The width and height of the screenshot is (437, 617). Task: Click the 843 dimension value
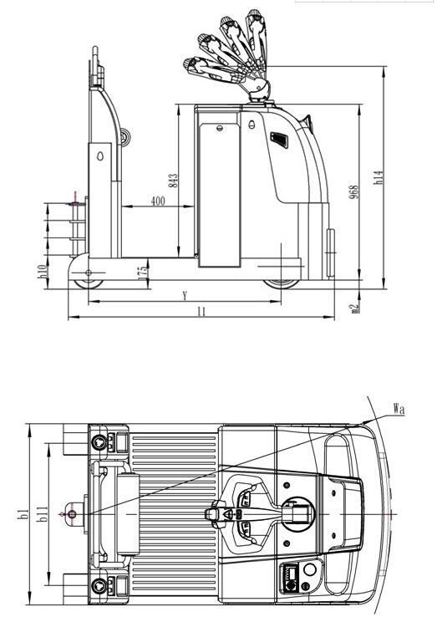174,181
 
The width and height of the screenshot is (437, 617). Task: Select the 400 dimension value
158,201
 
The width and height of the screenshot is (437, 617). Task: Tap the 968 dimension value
354,191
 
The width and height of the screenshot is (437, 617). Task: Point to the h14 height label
378,177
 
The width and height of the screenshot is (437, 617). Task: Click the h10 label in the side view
43,272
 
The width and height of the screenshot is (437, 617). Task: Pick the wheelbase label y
185,295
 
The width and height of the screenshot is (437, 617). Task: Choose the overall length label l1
201,312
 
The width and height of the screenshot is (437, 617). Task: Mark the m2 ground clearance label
355,308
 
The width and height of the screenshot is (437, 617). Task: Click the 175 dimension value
143,272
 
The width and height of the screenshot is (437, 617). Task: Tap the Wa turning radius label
399,409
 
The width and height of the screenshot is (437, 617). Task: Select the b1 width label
23,514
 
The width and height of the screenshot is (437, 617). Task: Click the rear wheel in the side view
89,283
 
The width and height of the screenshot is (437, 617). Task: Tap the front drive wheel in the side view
282,283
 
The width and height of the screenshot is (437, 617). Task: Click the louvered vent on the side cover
279,140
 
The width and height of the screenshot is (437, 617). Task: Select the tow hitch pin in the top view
72,514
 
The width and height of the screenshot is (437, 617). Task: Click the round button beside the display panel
310,569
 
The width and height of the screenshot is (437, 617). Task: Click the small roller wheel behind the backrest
125,138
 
